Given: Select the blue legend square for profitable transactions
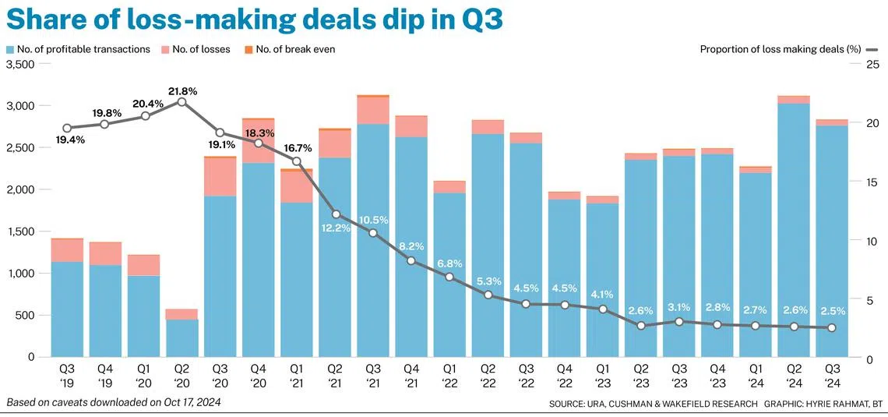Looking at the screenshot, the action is tap(10, 49).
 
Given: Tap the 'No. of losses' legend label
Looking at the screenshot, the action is tap(201, 49).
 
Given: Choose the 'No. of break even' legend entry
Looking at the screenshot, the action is tap(290, 49).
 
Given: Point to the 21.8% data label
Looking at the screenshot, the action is tap(182, 90).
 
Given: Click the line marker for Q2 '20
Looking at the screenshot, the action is tap(181, 102).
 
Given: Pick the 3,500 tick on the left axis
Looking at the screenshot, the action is tap(20, 65).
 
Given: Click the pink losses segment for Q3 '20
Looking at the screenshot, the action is tap(220, 177).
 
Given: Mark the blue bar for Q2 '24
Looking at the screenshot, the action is tap(794, 230).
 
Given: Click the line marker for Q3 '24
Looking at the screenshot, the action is tap(832, 327).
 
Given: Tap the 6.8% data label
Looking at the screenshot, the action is tap(449, 263).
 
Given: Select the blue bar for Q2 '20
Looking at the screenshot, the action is tap(181, 338).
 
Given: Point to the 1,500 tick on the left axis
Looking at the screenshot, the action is tap(20, 231).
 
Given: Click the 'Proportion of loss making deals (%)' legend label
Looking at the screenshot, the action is tap(781, 49).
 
